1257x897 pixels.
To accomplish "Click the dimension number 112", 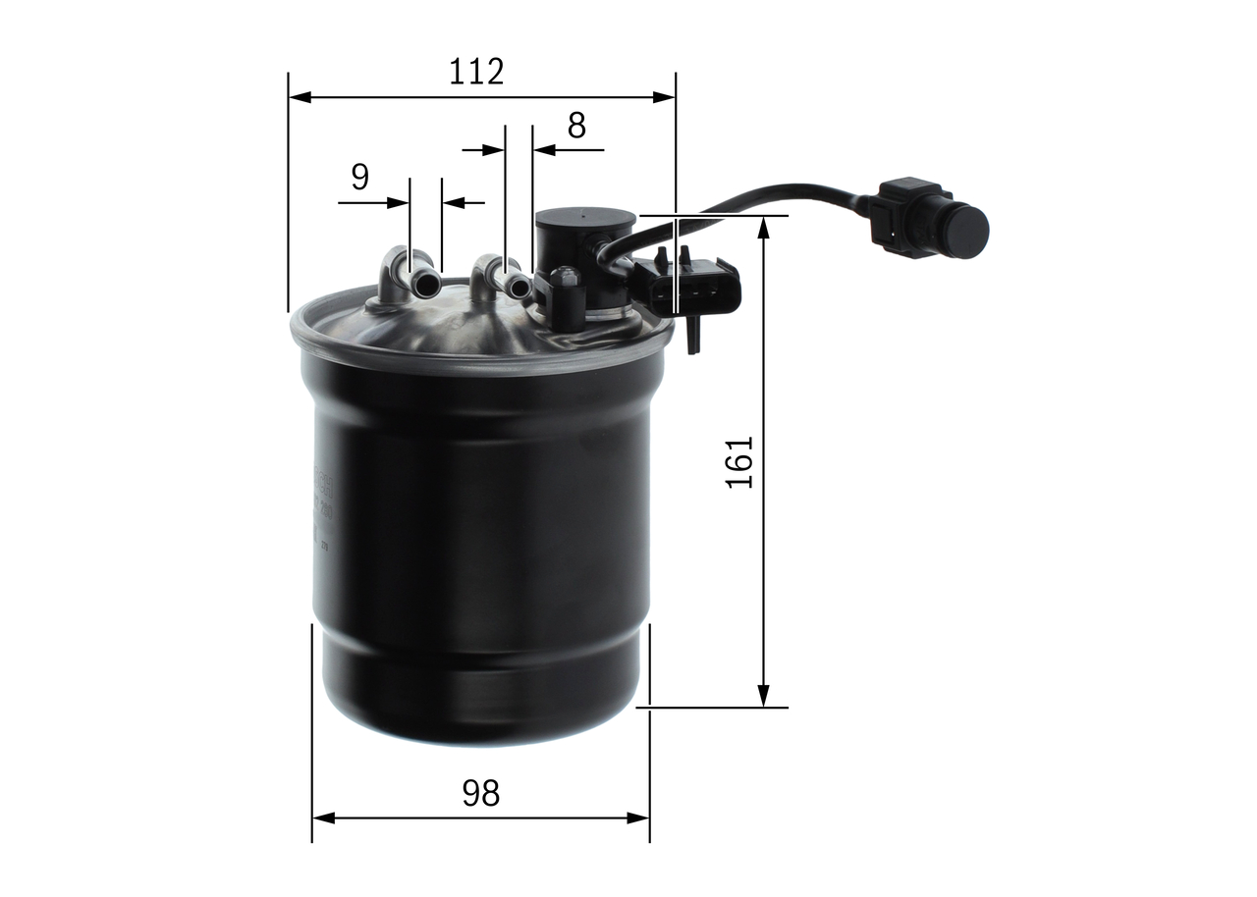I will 476,72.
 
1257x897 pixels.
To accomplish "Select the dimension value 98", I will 480,793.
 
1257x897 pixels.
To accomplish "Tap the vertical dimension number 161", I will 739,462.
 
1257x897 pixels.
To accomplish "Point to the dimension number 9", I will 359,177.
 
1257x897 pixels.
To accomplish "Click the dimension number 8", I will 576,125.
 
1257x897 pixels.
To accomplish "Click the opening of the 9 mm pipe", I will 428,286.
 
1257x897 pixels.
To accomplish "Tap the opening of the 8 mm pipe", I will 518,286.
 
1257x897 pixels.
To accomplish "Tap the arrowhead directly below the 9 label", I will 400,203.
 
